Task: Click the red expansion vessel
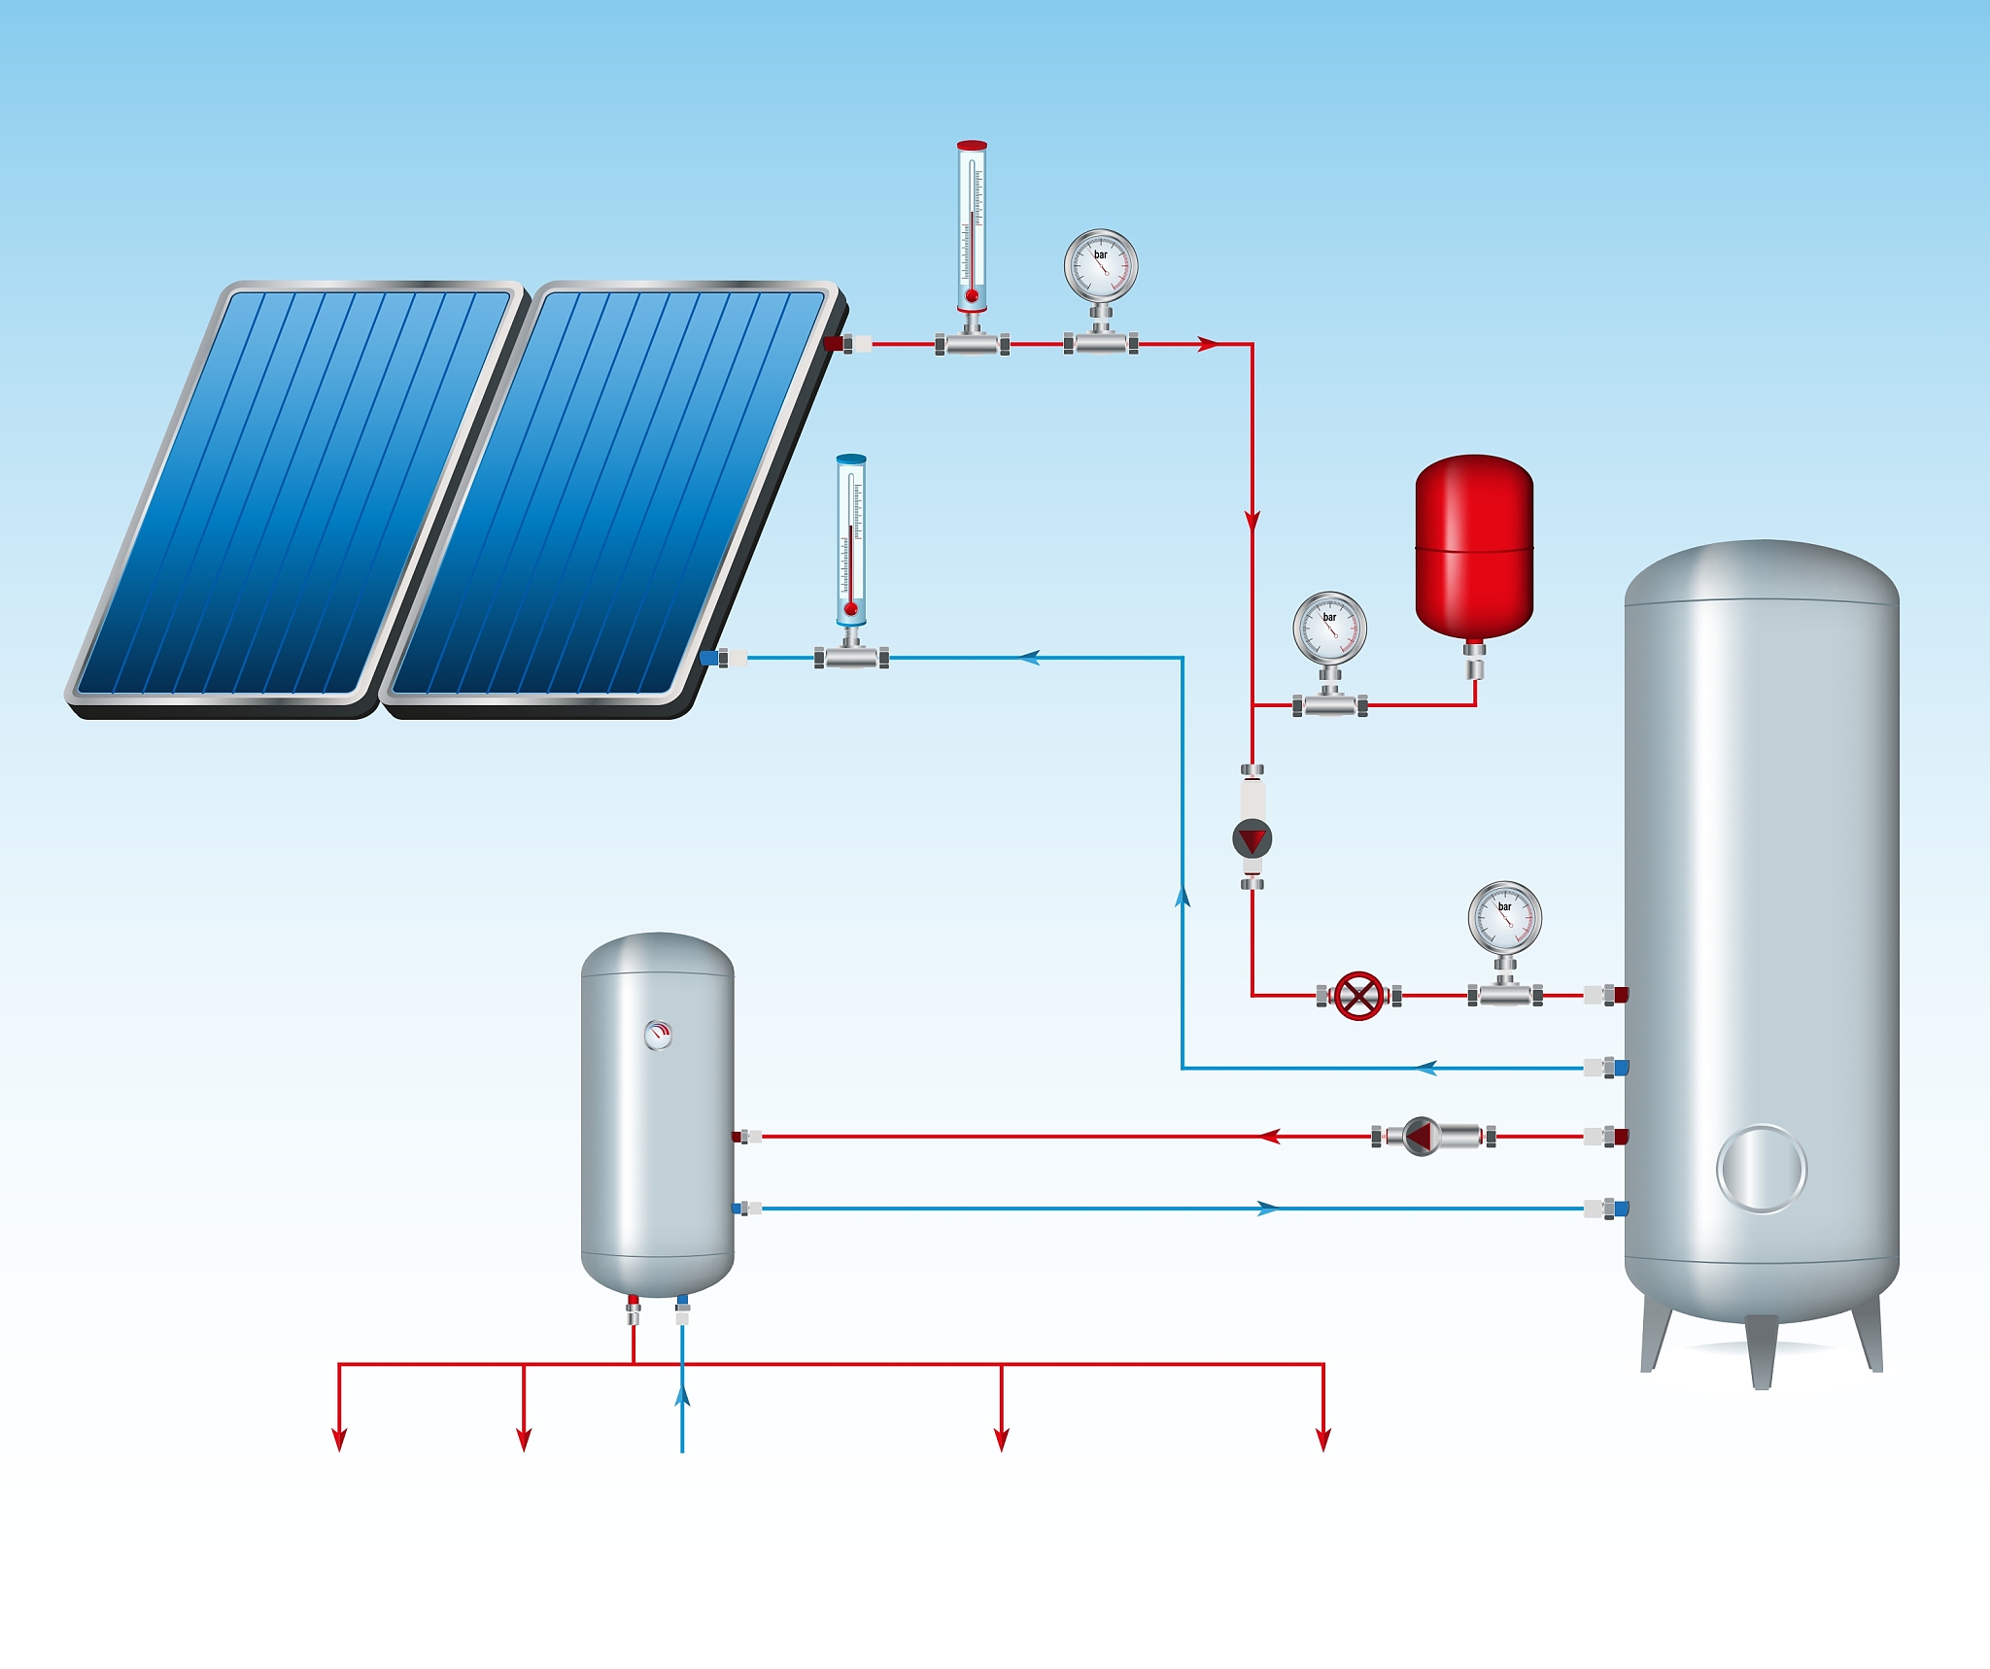coord(1474,549)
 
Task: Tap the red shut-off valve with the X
coord(1358,996)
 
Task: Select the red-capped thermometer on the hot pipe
coord(971,228)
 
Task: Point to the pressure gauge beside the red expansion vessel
coord(1329,630)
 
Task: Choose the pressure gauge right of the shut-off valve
coord(1504,919)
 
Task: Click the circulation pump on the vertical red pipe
coord(1252,838)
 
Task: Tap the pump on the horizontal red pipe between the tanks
coord(1421,1136)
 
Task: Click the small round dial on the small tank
coord(658,1035)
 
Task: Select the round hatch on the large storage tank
coord(1761,1169)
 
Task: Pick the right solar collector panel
coord(607,493)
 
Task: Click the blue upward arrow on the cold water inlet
coord(682,1396)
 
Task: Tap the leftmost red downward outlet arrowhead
coord(339,1439)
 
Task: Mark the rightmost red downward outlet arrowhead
coord(1322,1439)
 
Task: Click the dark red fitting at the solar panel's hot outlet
coord(834,343)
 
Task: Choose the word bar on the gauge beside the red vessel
coord(1329,617)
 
